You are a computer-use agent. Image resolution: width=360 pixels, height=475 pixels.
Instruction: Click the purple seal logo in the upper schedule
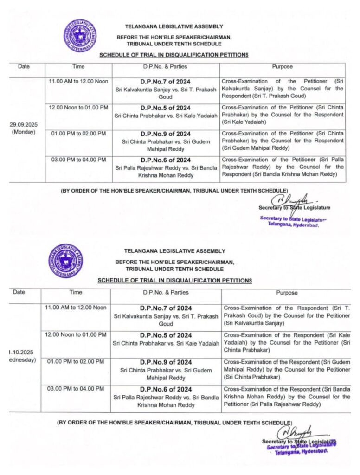point(80,35)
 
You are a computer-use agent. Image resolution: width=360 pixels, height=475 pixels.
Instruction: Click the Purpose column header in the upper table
point(282,67)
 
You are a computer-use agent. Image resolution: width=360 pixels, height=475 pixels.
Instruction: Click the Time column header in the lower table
point(76,292)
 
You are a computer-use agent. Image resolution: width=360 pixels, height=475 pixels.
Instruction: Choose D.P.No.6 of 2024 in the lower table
point(166,389)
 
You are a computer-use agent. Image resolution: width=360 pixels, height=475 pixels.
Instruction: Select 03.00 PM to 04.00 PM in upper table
point(77,160)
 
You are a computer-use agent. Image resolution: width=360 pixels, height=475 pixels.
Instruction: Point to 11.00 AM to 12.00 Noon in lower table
point(76,308)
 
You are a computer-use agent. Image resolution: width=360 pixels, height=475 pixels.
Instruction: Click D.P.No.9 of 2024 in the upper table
point(166,134)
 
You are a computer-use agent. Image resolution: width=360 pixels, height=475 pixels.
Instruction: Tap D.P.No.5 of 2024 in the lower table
point(166,335)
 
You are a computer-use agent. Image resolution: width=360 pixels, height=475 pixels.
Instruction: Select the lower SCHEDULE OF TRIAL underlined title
point(175,281)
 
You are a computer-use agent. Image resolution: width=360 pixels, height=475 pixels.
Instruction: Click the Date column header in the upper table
point(24,67)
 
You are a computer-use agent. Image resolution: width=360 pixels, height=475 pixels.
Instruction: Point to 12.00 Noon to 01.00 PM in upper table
point(77,108)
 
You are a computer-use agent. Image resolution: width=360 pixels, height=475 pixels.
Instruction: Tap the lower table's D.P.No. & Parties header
point(166,292)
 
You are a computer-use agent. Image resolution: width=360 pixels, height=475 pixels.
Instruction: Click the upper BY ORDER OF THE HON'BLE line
point(174,191)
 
